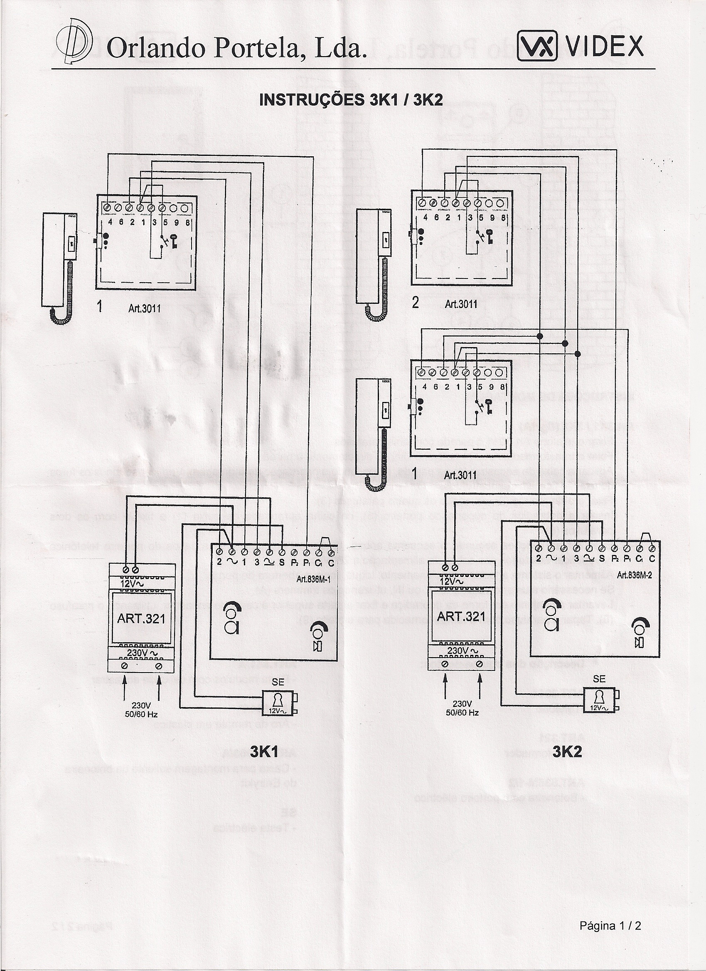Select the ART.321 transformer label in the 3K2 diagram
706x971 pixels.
[461, 617]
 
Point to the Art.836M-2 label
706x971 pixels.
[634, 575]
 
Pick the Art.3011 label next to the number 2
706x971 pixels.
[461, 304]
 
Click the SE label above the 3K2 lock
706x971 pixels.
[600, 679]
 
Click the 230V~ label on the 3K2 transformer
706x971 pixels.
[462, 650]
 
